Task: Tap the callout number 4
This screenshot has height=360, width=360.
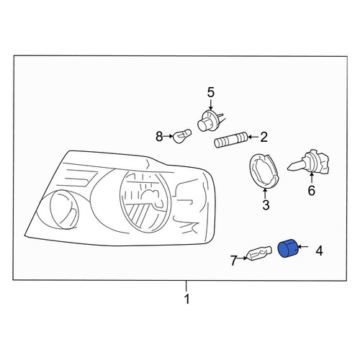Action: pos(319,251)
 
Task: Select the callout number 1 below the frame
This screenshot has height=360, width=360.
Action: pos(186,300)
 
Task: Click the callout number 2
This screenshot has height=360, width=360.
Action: pos(264,137)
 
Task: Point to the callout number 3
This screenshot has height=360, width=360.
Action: pos(266,205)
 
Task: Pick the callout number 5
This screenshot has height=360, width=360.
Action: pos(210,93)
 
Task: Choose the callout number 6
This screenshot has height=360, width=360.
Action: pos(311,191)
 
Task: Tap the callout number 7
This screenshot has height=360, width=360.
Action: pos(234,261)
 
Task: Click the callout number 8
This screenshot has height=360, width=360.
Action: pos(159,137)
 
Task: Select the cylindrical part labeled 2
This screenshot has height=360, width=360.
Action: pos(230,140)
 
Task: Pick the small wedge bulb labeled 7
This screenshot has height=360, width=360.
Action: pos(260,253)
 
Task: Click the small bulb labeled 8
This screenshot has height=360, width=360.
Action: pos(182,136)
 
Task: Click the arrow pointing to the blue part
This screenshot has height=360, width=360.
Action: pos(303,247)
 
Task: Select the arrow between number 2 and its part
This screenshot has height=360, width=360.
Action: pos(253,137)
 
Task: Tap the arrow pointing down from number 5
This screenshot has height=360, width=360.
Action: pos(210,105)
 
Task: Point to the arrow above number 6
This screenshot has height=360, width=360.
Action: pos(312,179)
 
